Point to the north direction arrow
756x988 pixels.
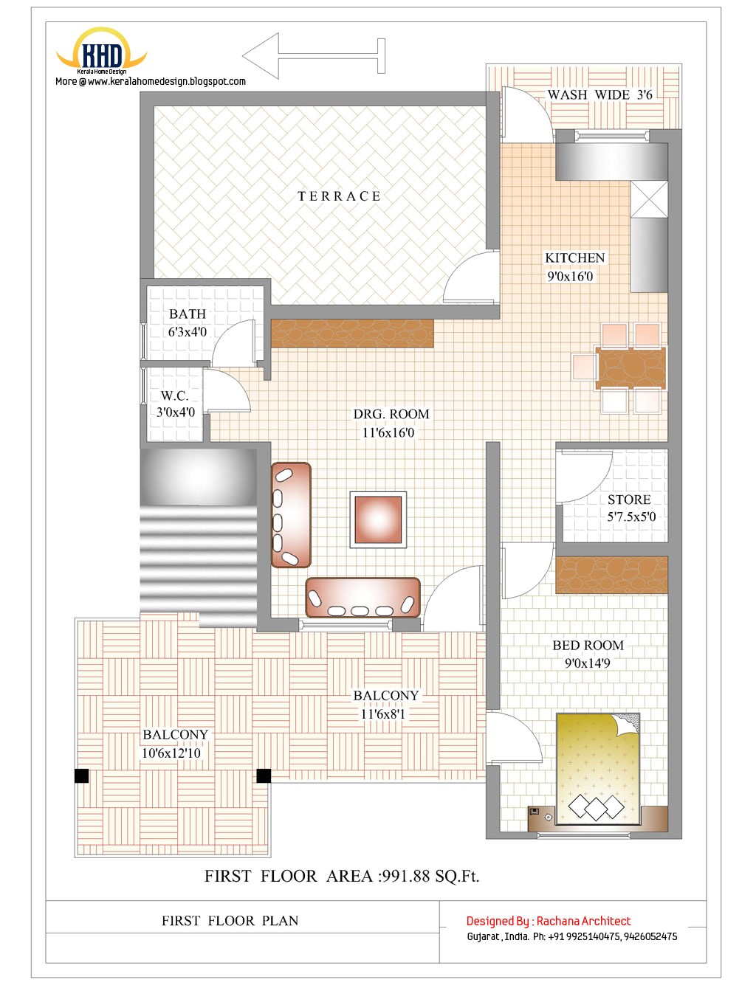tap(313, 56)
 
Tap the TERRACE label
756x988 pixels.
tap(339, 196)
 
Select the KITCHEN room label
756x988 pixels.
tap(574, 258)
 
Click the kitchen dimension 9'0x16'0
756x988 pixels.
tap(570, 277)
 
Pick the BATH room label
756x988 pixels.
tap(188, 314)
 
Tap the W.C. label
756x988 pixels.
tap(175, 396)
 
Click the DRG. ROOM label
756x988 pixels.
tap(391, 415)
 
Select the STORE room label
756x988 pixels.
tap(629, 500)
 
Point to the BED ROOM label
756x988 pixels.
tap(588, 646)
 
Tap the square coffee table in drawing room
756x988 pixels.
tap(378, 519)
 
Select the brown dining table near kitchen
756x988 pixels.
tap(630, 367)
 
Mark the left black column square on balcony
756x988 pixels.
tap(81, 775)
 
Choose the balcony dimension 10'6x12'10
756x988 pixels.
tap(171, 753)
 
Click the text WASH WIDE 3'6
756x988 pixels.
tap(599, 95)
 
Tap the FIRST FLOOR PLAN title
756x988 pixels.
tap(230, 921)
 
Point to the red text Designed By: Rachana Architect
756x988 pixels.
tap(549, 921)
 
